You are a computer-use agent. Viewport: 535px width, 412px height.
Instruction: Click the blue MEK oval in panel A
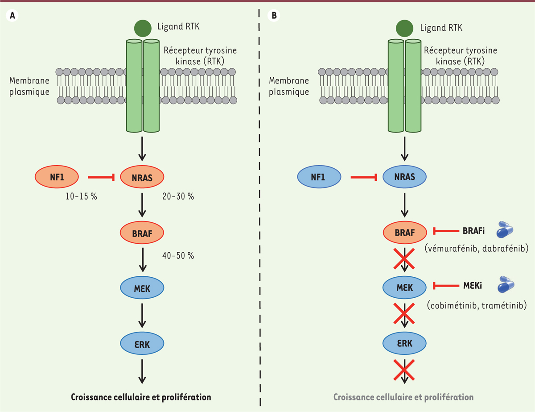[x=142, y=288]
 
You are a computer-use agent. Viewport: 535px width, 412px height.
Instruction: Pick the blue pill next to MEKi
[x=506, y=284]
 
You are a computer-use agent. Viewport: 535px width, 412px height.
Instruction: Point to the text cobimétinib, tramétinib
[x=477, y=306]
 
